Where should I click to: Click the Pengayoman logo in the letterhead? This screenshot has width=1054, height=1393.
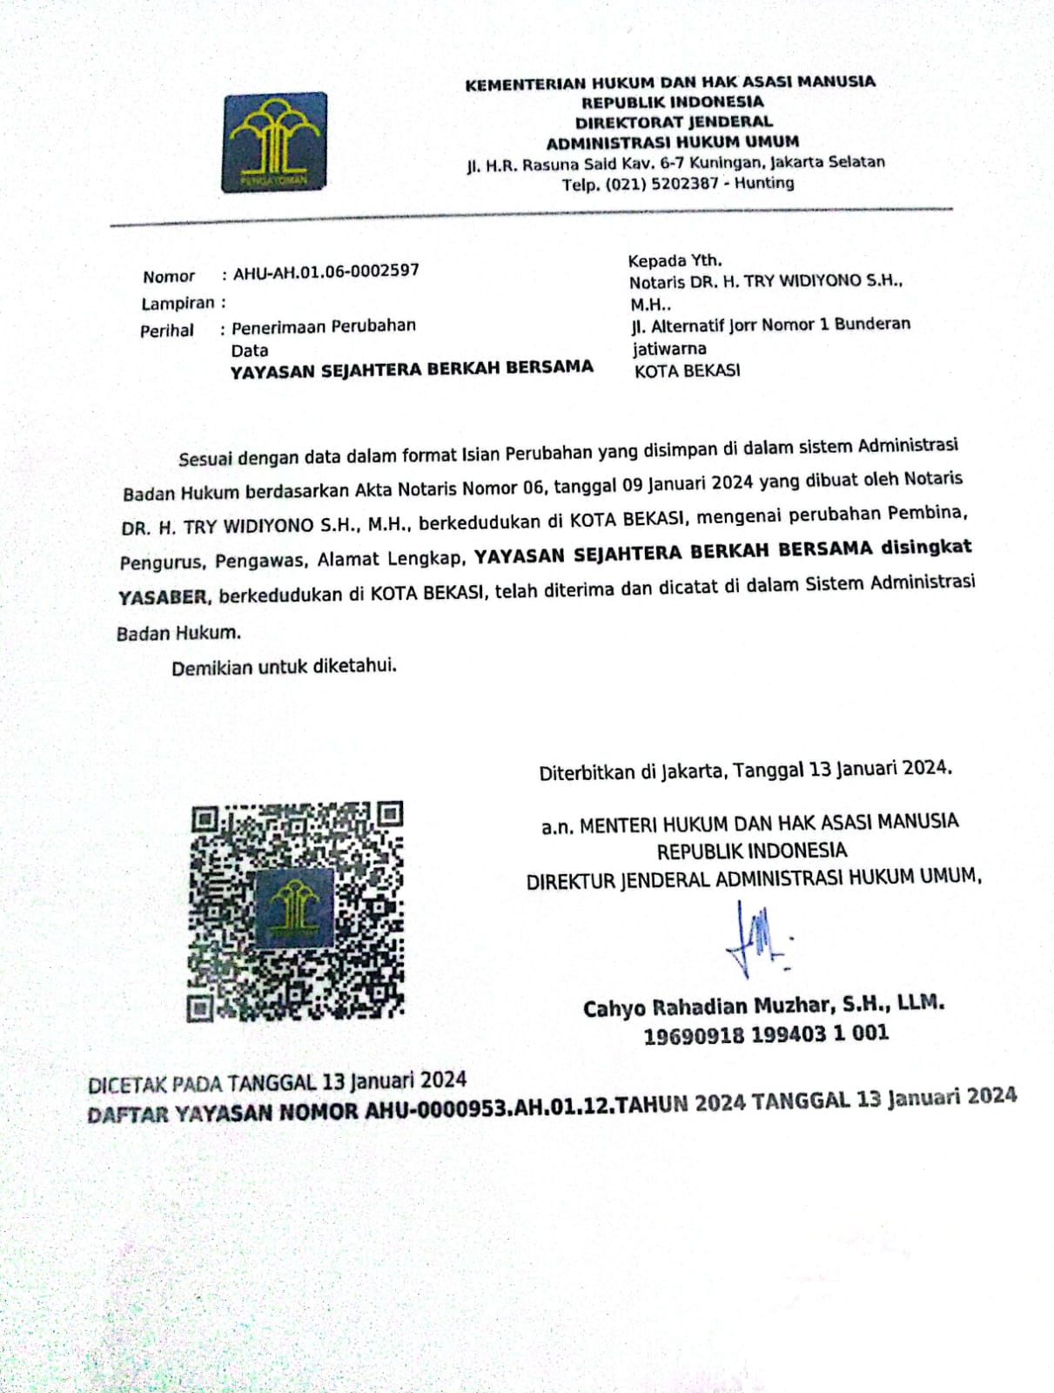[275, 142]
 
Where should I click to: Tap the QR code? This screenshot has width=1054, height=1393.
[297, 911]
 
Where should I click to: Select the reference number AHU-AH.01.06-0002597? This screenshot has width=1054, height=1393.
[326, 272]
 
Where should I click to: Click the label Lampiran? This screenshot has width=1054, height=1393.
[178, 304]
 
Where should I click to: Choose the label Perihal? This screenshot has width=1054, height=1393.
[167, 331]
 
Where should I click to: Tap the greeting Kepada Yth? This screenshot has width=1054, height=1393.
[675, 260]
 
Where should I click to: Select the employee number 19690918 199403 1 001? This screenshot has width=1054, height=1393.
[766, 1034]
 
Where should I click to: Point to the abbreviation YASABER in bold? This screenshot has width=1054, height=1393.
[163, 597]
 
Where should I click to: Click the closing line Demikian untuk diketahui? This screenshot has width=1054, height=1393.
[284, 667]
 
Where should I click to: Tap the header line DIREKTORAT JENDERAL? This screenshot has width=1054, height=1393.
[674, 122]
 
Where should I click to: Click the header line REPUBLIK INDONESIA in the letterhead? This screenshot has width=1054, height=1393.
[672, 102]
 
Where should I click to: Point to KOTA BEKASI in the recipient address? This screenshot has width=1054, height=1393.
[688, 371]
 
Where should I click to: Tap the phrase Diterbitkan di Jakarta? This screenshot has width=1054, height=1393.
[631, 772]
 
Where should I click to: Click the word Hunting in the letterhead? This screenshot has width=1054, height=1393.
[764, 183]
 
